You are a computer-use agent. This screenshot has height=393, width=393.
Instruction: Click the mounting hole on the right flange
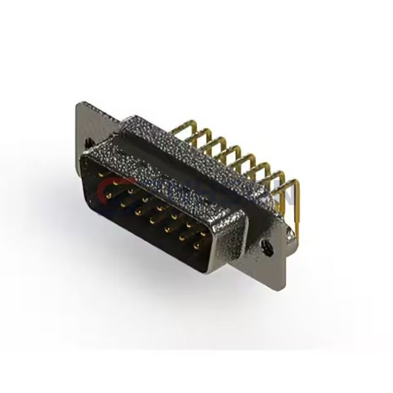[267, 248]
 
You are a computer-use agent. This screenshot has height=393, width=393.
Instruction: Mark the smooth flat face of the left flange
[92, 121]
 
